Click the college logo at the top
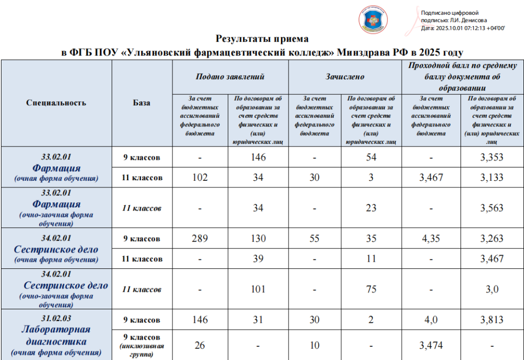pos(373,20)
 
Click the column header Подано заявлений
pos(230,77)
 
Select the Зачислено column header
pos(345,77)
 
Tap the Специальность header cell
pos(56,102)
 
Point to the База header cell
pos(142,102)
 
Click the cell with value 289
pos(200,239)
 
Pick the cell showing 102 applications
pos(200,178)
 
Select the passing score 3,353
pos(492,157)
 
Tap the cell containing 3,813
pos(492,320)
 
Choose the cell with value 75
pos(372,289)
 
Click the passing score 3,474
pos(430,346)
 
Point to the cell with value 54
pos(372,157)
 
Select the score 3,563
pos(492,208)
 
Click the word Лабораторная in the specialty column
pos(56,329)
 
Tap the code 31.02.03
pos(56,318)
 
